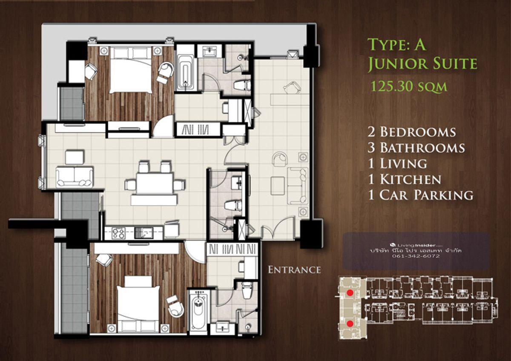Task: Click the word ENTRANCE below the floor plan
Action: [294, 270]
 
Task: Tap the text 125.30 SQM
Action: [408, 87]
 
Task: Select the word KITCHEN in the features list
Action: [411, 180]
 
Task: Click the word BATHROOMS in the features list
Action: [422, 148]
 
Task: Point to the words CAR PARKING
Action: [426, 195]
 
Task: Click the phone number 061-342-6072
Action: [416, 256]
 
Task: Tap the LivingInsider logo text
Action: [416, 245]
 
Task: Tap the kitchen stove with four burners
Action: [119, 233]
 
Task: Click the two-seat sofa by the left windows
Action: [75, 177]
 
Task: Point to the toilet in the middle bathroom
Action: [233, 205]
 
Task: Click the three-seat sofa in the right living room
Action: [297, 186]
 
